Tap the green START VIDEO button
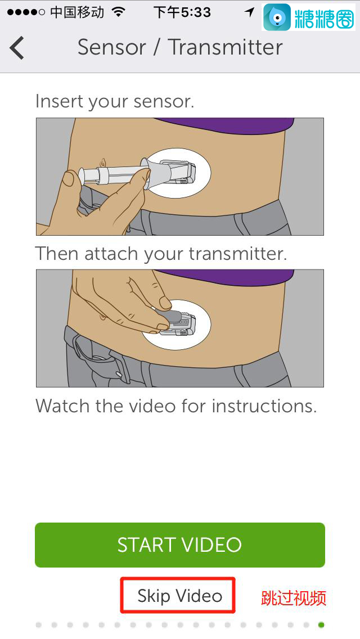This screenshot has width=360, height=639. click(180, 545)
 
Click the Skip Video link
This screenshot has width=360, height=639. click(180, 596)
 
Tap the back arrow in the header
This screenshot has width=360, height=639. click(17, 48)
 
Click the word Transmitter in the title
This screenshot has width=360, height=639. click(226, 47)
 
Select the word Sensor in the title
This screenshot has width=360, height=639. click(112, 47)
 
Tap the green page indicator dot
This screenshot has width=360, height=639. click(321, 625)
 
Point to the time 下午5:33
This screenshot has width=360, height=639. click(182, 12)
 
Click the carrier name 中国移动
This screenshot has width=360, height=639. click(77, 12)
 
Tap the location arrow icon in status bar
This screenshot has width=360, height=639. click(250, 12)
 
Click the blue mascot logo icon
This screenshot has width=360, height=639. click(277, 17)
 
